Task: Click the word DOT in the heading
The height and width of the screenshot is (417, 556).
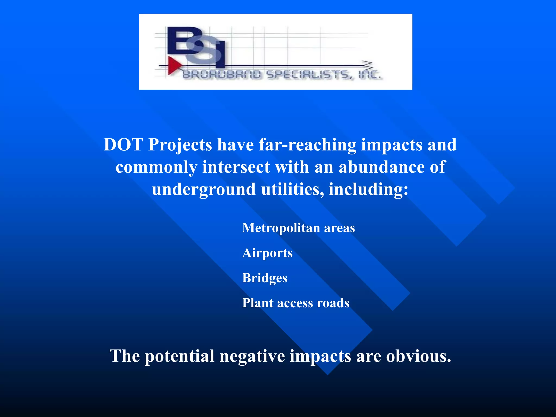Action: coord(124,144)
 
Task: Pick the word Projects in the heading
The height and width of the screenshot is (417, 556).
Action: coord(180,145)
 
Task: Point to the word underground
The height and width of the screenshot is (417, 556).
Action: coord(204,189)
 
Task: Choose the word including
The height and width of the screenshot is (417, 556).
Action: coord(368,189)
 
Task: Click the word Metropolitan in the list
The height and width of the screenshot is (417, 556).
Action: coord(281,228)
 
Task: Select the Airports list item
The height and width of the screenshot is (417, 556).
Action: coord(267,253)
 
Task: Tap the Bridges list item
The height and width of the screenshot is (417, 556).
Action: coord(265,278)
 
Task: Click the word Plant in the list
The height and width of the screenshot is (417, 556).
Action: coord(258,303)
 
